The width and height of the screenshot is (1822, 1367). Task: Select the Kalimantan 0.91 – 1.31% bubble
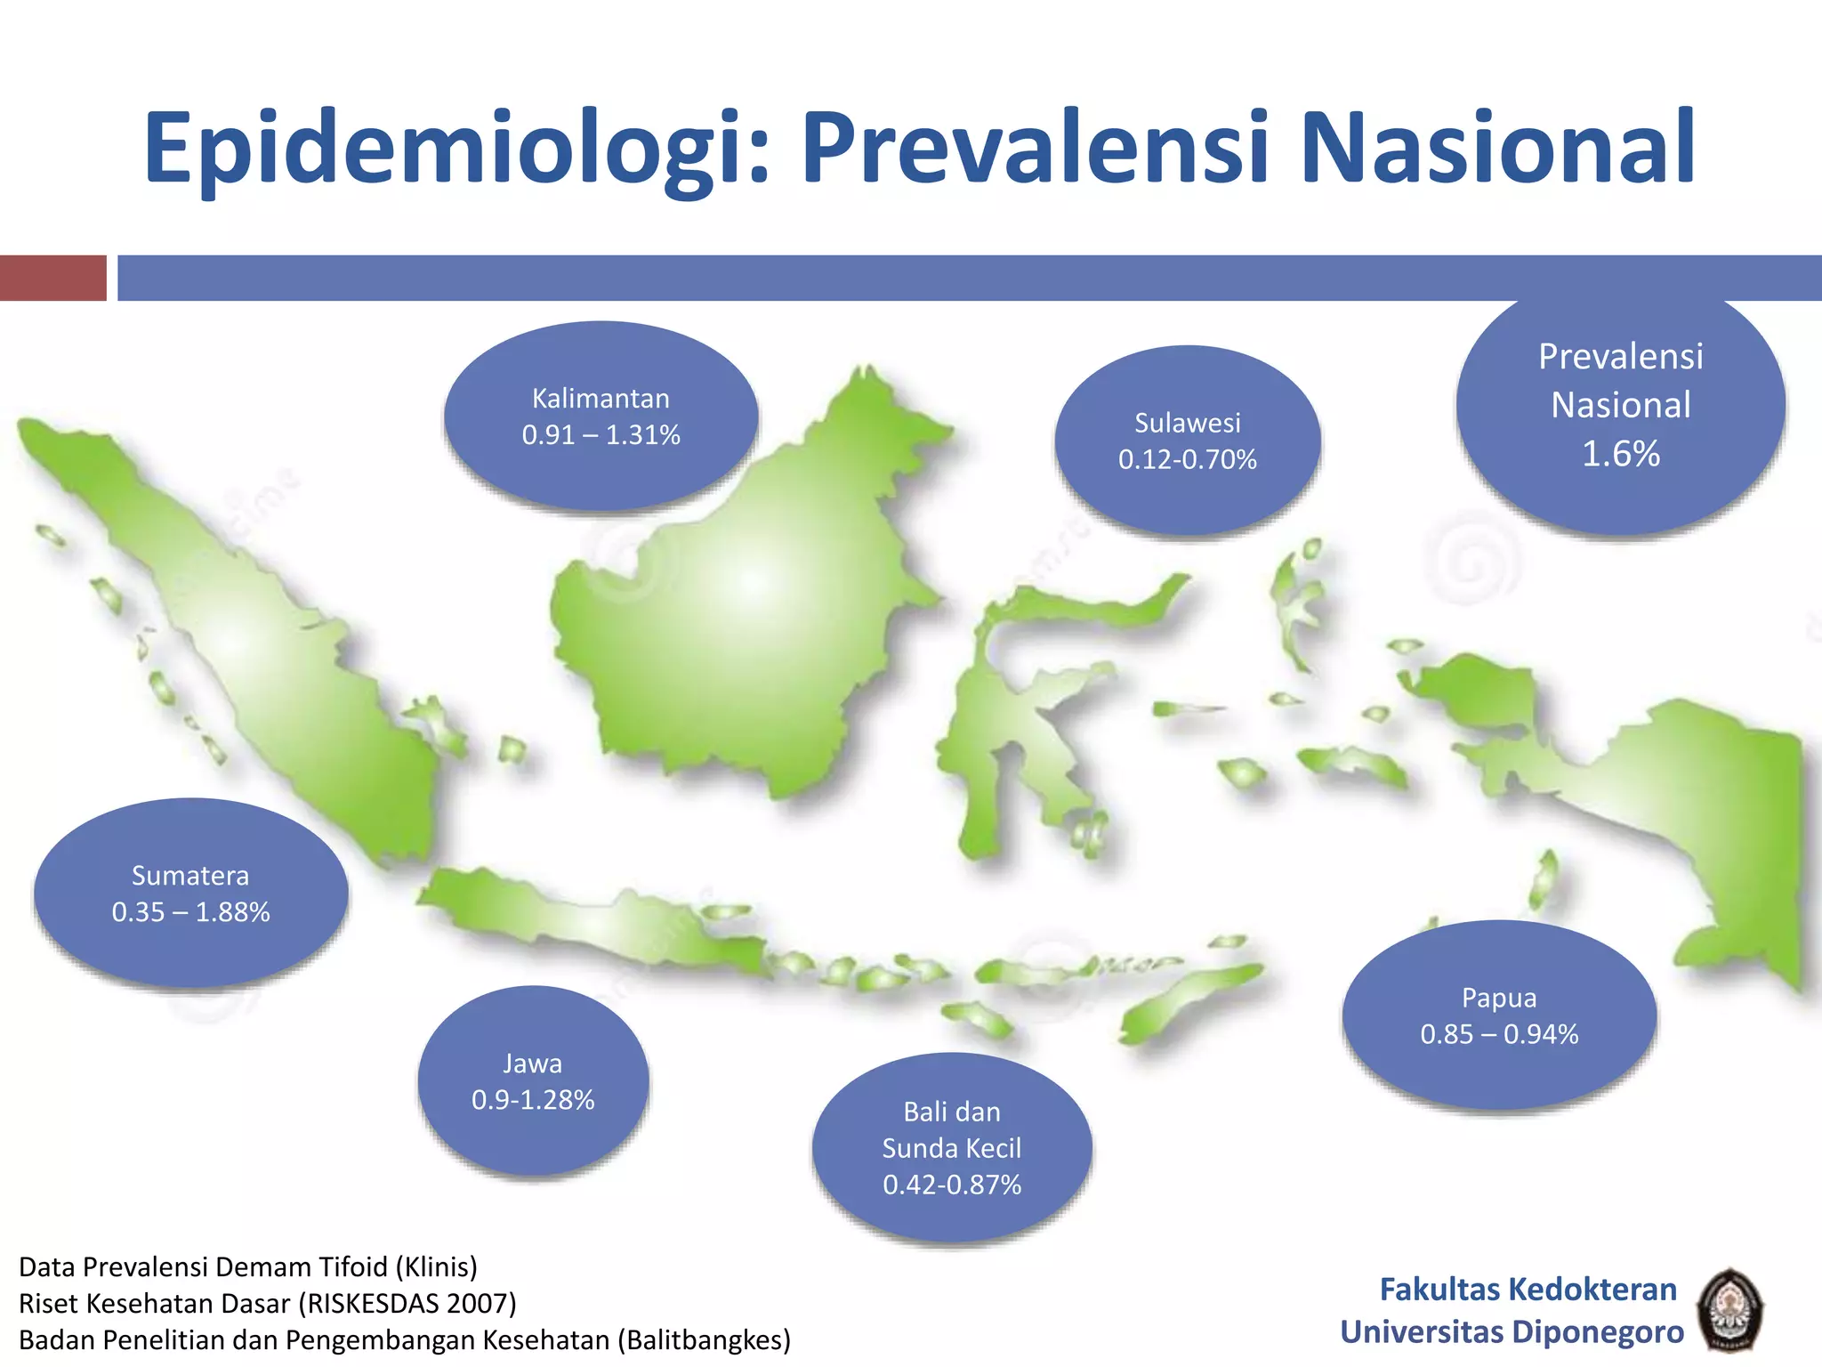pos(601,417)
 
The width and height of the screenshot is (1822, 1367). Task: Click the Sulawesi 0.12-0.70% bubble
pos(1187,441)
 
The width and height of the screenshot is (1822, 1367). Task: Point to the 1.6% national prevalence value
pos(1620,454)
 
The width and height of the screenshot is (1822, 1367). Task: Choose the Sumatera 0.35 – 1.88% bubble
pos(190,894)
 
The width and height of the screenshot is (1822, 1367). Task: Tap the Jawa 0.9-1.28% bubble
pos(533,1082)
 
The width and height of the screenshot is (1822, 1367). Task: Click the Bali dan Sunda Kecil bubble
pos(952,1148)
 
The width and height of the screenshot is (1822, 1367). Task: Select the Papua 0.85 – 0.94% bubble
pos(1499,1015)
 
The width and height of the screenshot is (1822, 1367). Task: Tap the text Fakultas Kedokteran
pos(1528,1289)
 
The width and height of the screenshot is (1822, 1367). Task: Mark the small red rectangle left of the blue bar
pos(53,278)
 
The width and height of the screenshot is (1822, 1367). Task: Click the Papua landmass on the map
pos(1690,801)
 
